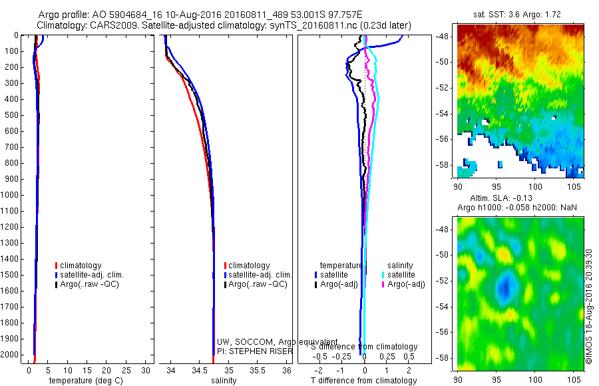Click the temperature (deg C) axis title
pos(83,381)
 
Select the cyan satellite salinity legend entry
pos(402,274)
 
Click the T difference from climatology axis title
pos(363,381)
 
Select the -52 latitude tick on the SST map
pos(448,88)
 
